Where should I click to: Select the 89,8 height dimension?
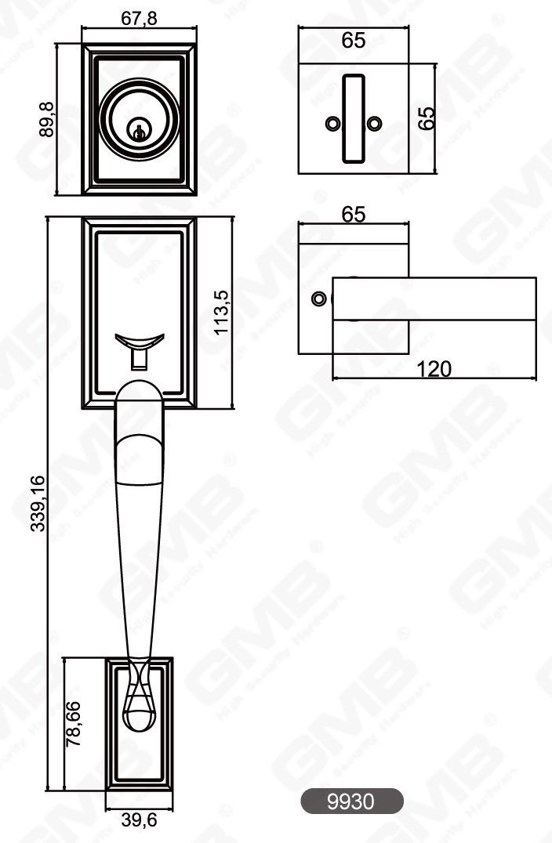point(46,119)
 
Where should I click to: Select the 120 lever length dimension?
point(434,368)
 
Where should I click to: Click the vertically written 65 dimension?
point(426,118)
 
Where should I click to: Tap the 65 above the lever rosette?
point(354,215)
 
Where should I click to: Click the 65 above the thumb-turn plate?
point(354,41)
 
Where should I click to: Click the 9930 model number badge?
point(352,801)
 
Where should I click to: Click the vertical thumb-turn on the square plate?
point(354,118)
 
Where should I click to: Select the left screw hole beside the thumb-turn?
point(332,123)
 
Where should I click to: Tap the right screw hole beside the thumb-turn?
point(375,123)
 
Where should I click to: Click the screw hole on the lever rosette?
point(318,299)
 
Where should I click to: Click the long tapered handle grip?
point(140,533)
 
